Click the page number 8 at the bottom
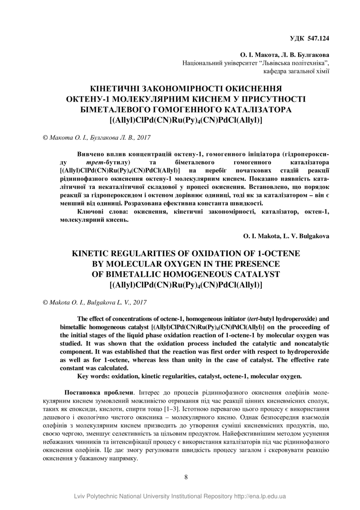(x=186, y=477)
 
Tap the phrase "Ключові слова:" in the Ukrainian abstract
(x=101, y=211)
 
